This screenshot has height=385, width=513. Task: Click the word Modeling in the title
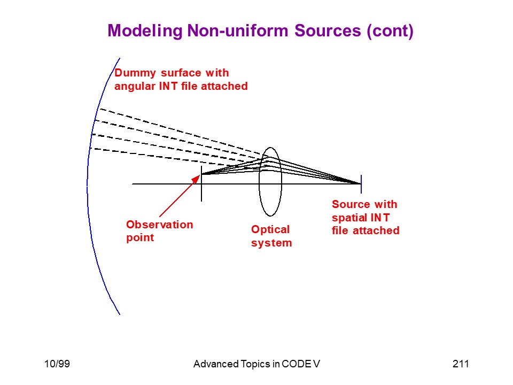(x=145, y=31)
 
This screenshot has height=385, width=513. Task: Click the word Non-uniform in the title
(x=238, y=30)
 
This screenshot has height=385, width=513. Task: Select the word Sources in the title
(x=328, y=30)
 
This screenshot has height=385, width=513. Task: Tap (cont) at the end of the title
(x=390, y=31)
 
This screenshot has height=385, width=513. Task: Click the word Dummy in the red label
(x=135, y=73)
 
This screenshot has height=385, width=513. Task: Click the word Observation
(x=160, y=225)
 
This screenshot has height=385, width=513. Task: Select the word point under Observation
(x=140, y=238)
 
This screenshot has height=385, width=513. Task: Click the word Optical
(x=270, y=230)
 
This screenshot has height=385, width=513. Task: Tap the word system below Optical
(x=271, y=243)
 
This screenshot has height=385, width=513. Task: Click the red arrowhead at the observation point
(x=196, y=179)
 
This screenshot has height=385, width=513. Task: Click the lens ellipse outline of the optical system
(x=259, y=182)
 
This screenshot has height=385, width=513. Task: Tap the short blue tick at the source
(x=361, y=184)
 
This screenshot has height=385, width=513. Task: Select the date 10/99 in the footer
(x=57, y=364)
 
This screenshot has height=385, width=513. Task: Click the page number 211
(x=461, y=364)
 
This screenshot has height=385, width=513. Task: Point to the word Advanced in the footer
(x=216, y=364)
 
